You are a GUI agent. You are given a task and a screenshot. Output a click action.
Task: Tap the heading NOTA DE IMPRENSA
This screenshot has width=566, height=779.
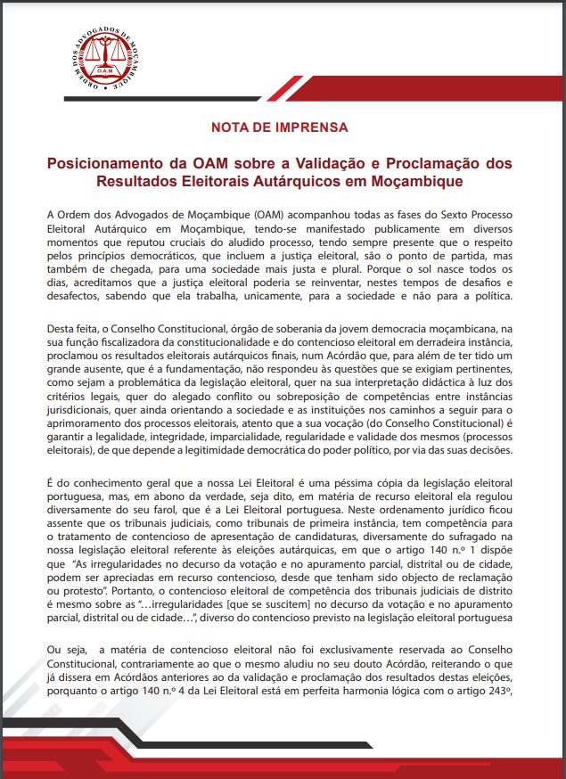[x=279, y=127]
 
